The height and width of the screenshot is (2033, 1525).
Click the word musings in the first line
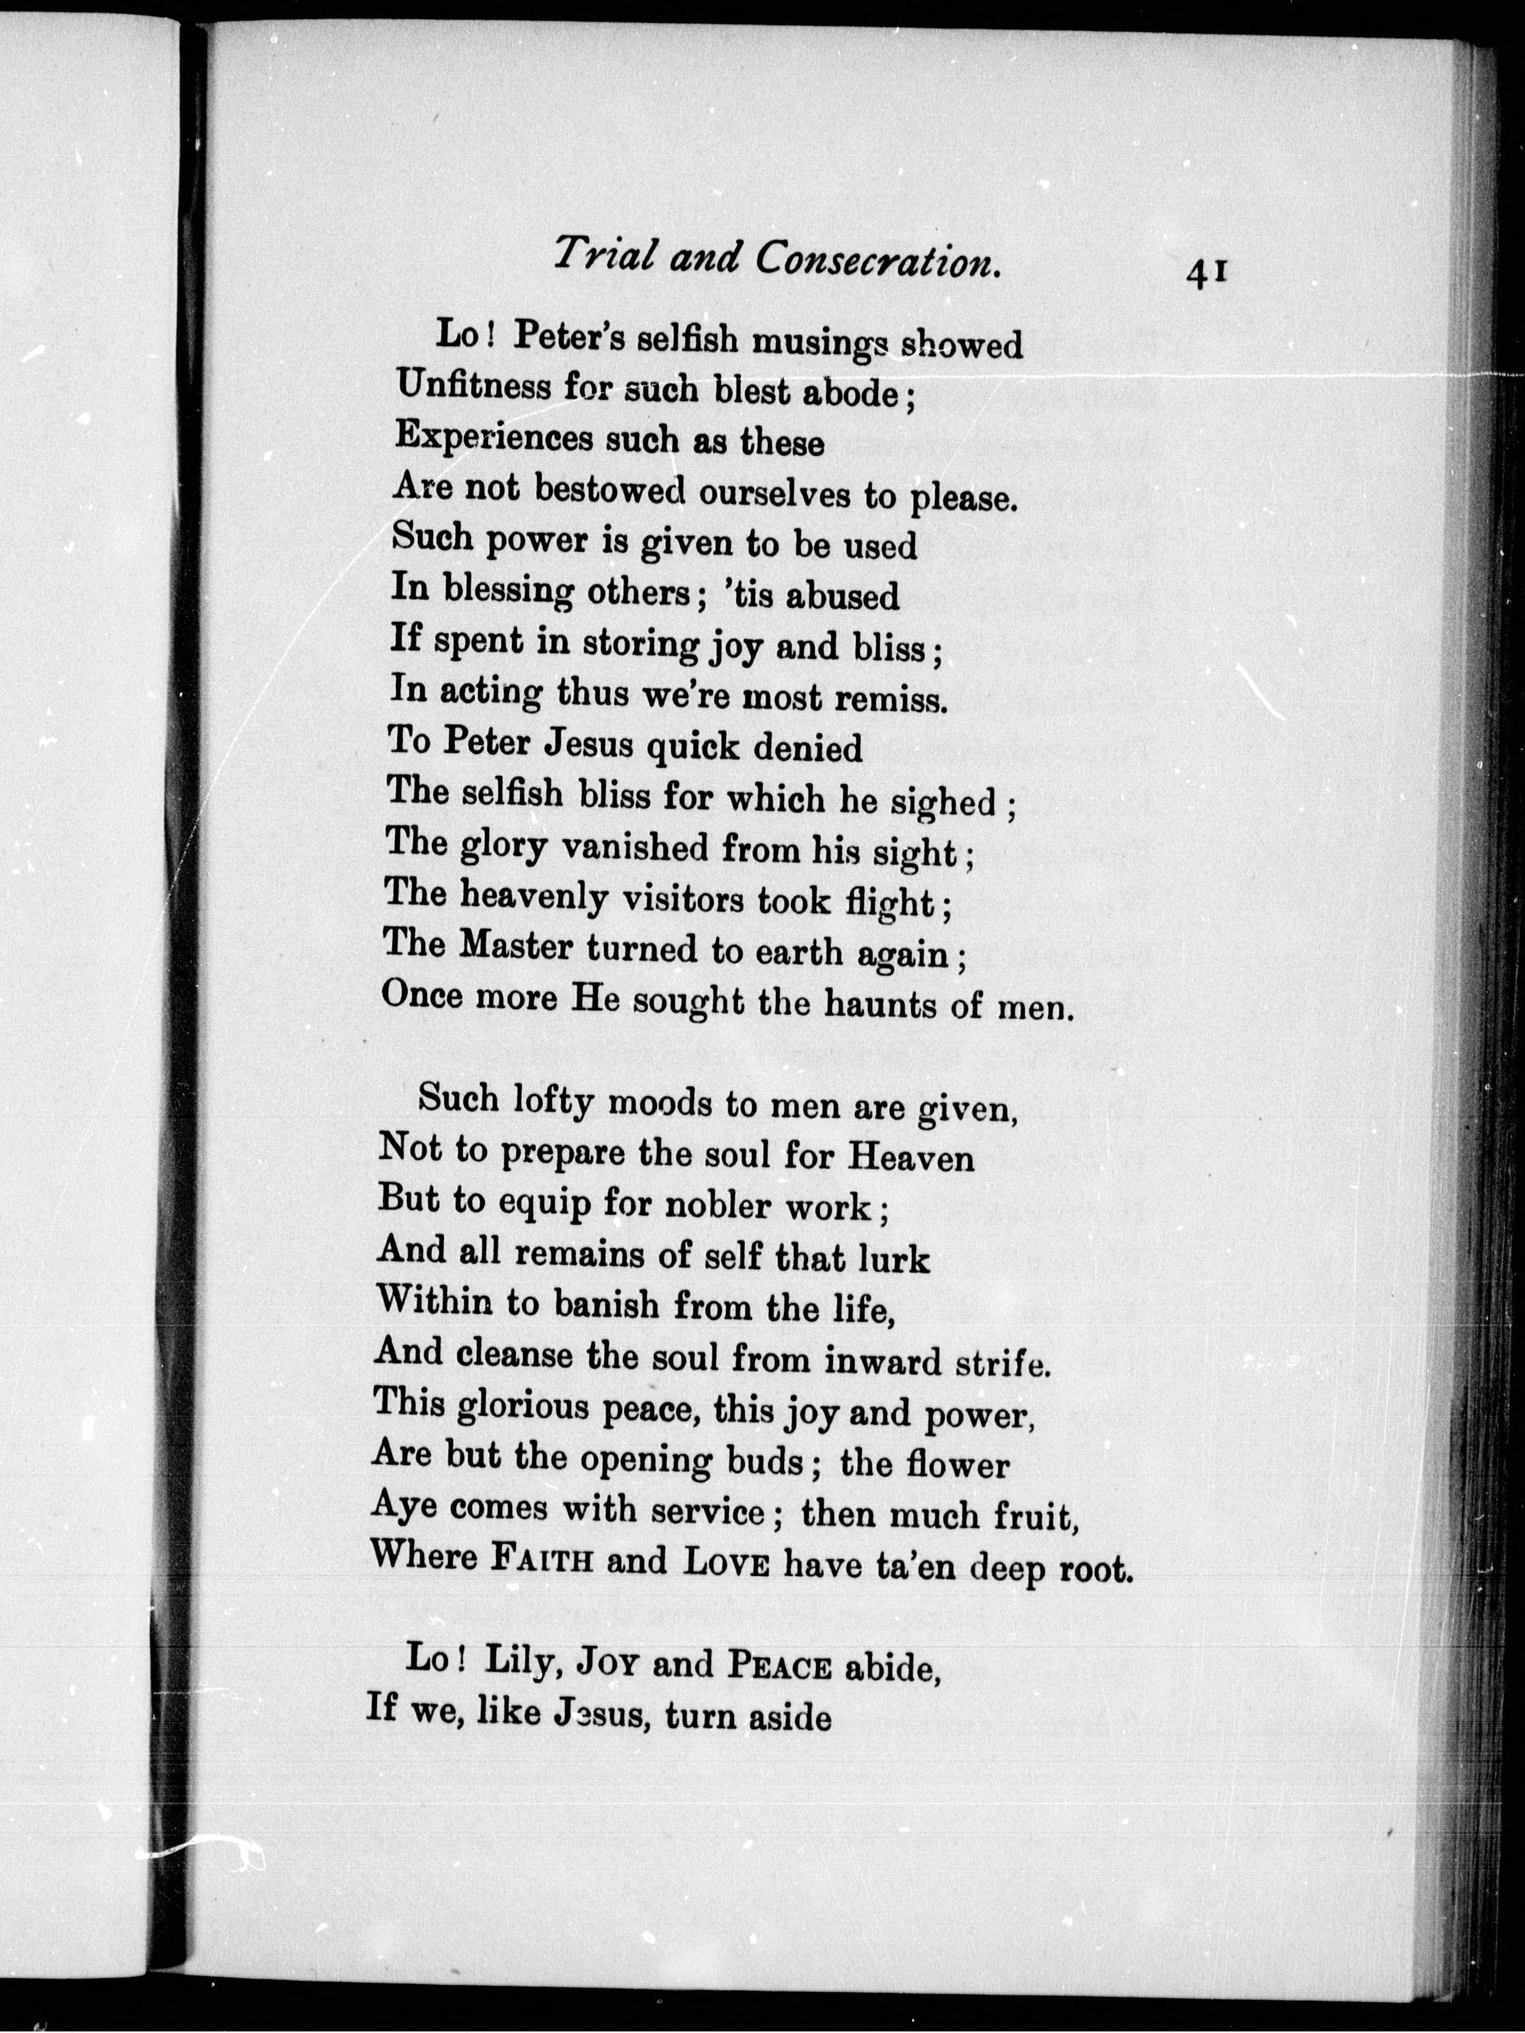click(x=820, y=343)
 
